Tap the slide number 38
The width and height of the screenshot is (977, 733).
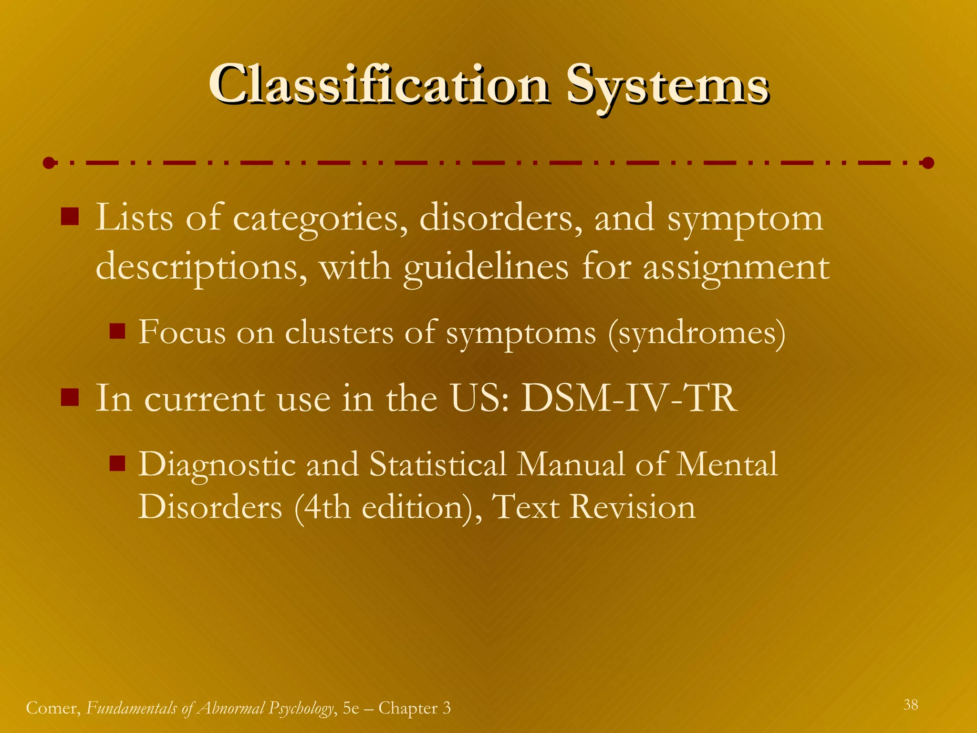[x=910, y=704]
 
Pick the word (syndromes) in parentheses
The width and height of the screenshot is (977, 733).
[x=696, y=333]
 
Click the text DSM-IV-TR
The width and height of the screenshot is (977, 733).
[x=629, y=398]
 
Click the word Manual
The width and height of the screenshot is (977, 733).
[x=571, y=464]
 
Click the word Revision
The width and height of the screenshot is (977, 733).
[x=633, y=507]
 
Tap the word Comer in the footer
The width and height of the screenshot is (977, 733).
[x=53, y=708]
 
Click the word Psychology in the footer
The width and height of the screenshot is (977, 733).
[x=301, y=708]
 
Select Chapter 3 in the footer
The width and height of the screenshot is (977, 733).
[x=414, y=708]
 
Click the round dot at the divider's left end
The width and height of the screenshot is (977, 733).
[x=49, y=163]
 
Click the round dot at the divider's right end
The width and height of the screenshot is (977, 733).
[x=928, y=163]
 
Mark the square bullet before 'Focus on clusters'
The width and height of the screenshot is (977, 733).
[x=117, y=331]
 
